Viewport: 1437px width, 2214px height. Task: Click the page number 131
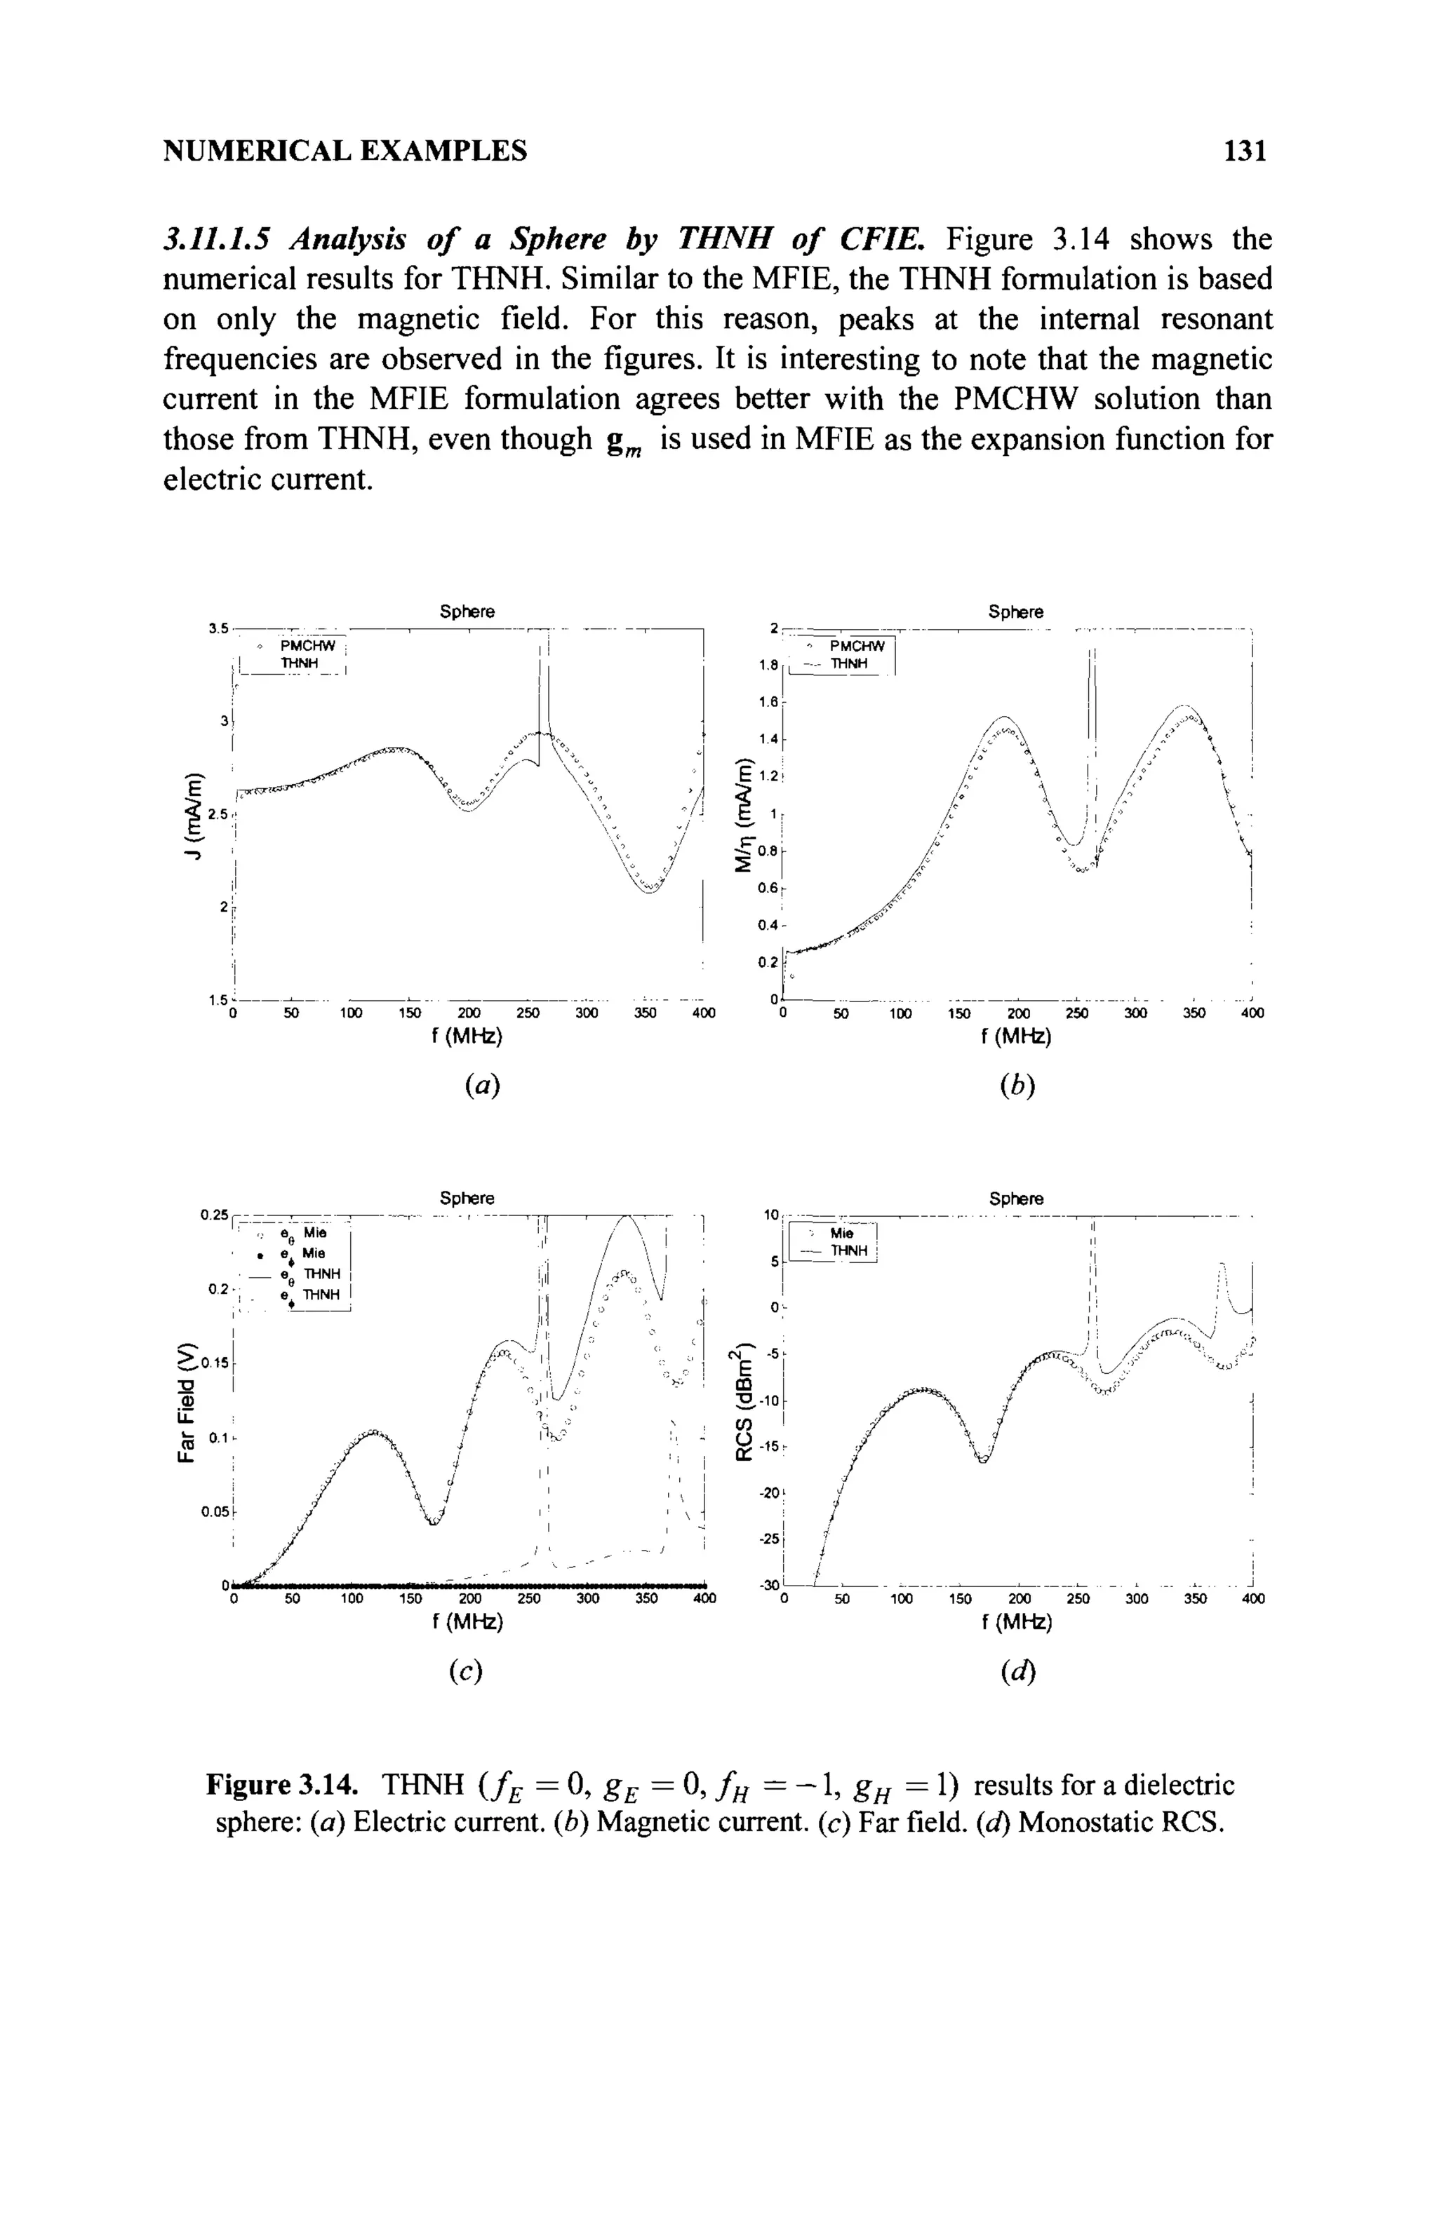coord(1246,151)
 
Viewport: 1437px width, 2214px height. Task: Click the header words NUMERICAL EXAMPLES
coord(345,151)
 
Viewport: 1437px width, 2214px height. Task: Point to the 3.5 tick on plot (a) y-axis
coord(218,630)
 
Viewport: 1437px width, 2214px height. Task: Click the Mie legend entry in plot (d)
coord(841,1234)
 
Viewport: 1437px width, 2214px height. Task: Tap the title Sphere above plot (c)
coord(467,1197)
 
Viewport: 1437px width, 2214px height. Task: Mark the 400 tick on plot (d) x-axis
coord(1252,1600)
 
